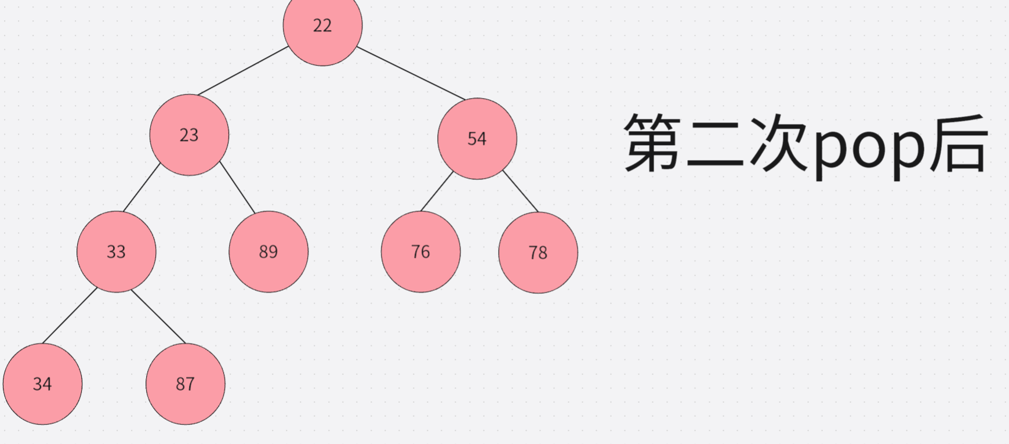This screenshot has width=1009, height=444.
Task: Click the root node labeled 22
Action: (322, 26)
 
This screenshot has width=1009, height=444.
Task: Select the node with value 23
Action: (189, 135)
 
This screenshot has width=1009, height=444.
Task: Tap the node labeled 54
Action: (477, 139)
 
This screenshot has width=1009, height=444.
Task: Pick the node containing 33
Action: (116, 252)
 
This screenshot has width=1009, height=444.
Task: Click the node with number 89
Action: (268, 252)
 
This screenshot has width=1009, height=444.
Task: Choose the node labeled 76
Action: (420, 252)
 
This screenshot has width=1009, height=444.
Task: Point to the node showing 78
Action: (538, 252)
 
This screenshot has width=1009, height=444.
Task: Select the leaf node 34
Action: (42, 384)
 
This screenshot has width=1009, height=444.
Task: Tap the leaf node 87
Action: (185, 384)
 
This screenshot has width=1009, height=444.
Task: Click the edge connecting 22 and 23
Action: (243, 71)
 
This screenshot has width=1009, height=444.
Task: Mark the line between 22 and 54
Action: (411, 73)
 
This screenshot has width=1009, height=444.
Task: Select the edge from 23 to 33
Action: (141, 187)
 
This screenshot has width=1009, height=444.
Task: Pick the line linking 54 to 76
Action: (437, 192)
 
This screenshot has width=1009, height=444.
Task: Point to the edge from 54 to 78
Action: (520, 192)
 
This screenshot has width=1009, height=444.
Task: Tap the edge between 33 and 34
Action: (70, 316)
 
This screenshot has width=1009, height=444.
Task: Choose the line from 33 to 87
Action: (158, 316)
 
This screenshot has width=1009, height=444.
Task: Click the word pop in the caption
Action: (868, 145)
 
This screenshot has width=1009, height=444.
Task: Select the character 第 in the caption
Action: (653, 142)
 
